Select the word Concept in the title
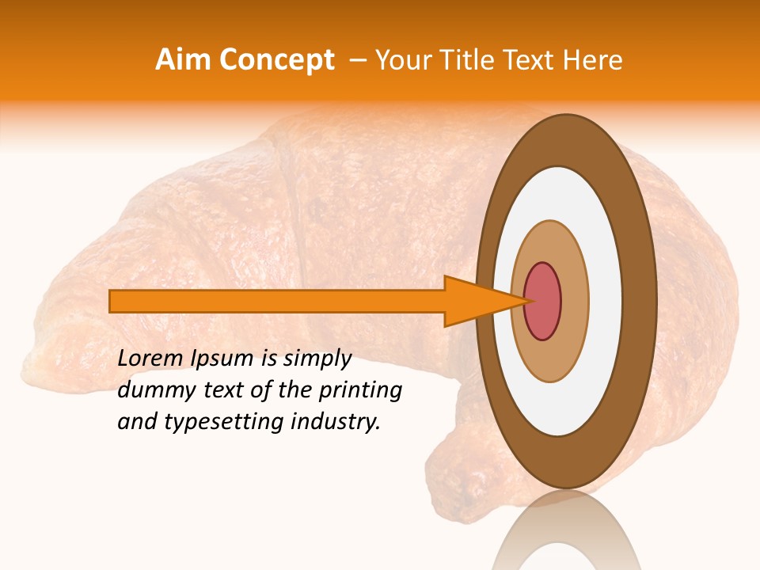point(276,60)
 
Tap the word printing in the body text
point(359,390)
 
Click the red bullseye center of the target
point(543,301)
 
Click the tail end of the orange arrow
point(115,301)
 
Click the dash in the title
point(357,60)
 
